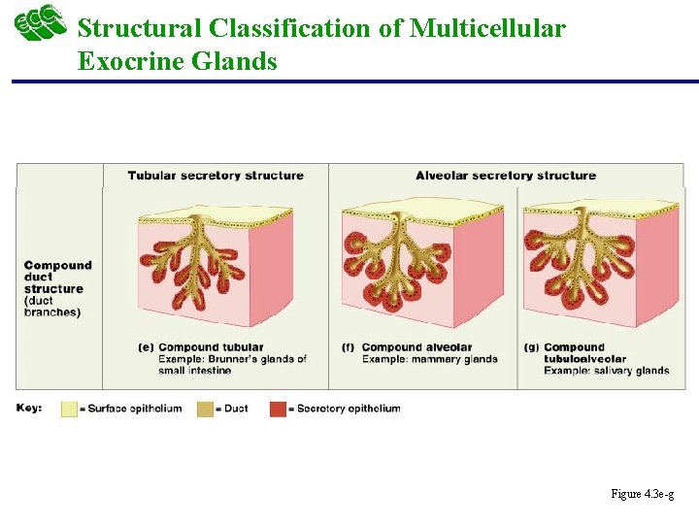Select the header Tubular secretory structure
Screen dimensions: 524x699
tap(216, 176)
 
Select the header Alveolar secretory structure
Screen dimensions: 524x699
tap(505, 176)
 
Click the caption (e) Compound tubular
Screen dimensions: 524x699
tap(202, 347)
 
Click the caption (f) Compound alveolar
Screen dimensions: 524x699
tap(408, 347)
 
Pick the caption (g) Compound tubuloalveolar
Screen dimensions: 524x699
tap(583, 353)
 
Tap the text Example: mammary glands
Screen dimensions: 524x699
tap(429, 359)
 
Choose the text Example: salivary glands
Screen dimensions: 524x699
tap(606, 370)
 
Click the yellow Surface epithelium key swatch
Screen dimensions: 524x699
tap(69, 409)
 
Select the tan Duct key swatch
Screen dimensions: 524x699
tap(206, 409)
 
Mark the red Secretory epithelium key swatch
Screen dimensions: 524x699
tap(279, 409)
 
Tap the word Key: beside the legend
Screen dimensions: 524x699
tap(29, 408)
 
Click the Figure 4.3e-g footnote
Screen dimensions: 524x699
tap(643, 494)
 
